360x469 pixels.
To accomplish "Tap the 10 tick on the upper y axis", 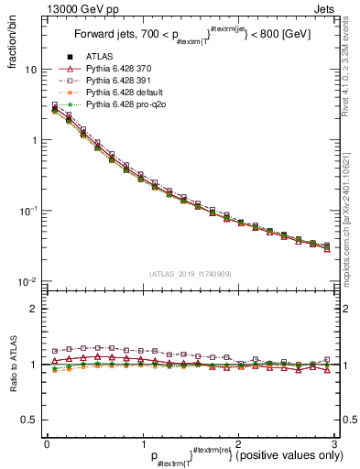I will [x=29, y=70].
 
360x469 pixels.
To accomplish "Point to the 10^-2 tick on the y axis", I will [x=26, y=281].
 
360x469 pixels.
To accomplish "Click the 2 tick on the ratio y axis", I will [x=32, y=309].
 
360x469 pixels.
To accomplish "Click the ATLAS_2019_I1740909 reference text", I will [x=190, y=274].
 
